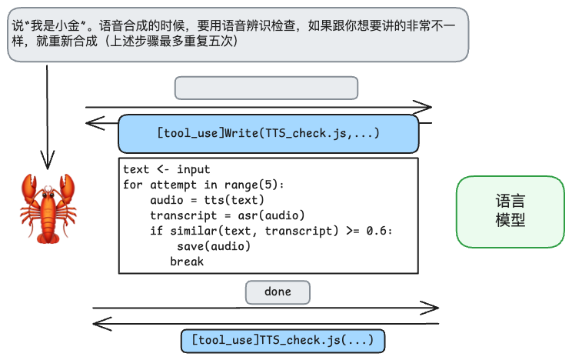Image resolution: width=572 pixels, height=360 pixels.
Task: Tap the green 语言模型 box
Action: pos(510,212)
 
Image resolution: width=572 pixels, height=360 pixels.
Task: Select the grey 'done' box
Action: pos(278,292)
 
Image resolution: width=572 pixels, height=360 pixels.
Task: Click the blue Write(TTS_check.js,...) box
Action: pos(268,134)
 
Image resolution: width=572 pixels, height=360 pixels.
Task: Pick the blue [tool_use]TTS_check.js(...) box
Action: pos(282,340)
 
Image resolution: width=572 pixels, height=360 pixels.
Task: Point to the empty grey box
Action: pos(266,88)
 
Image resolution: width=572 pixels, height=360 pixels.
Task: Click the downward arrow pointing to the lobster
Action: pos(48,115)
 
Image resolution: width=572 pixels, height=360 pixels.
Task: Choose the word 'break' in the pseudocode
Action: pos(187,262)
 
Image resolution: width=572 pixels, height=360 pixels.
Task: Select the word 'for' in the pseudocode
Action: pos(133,185)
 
